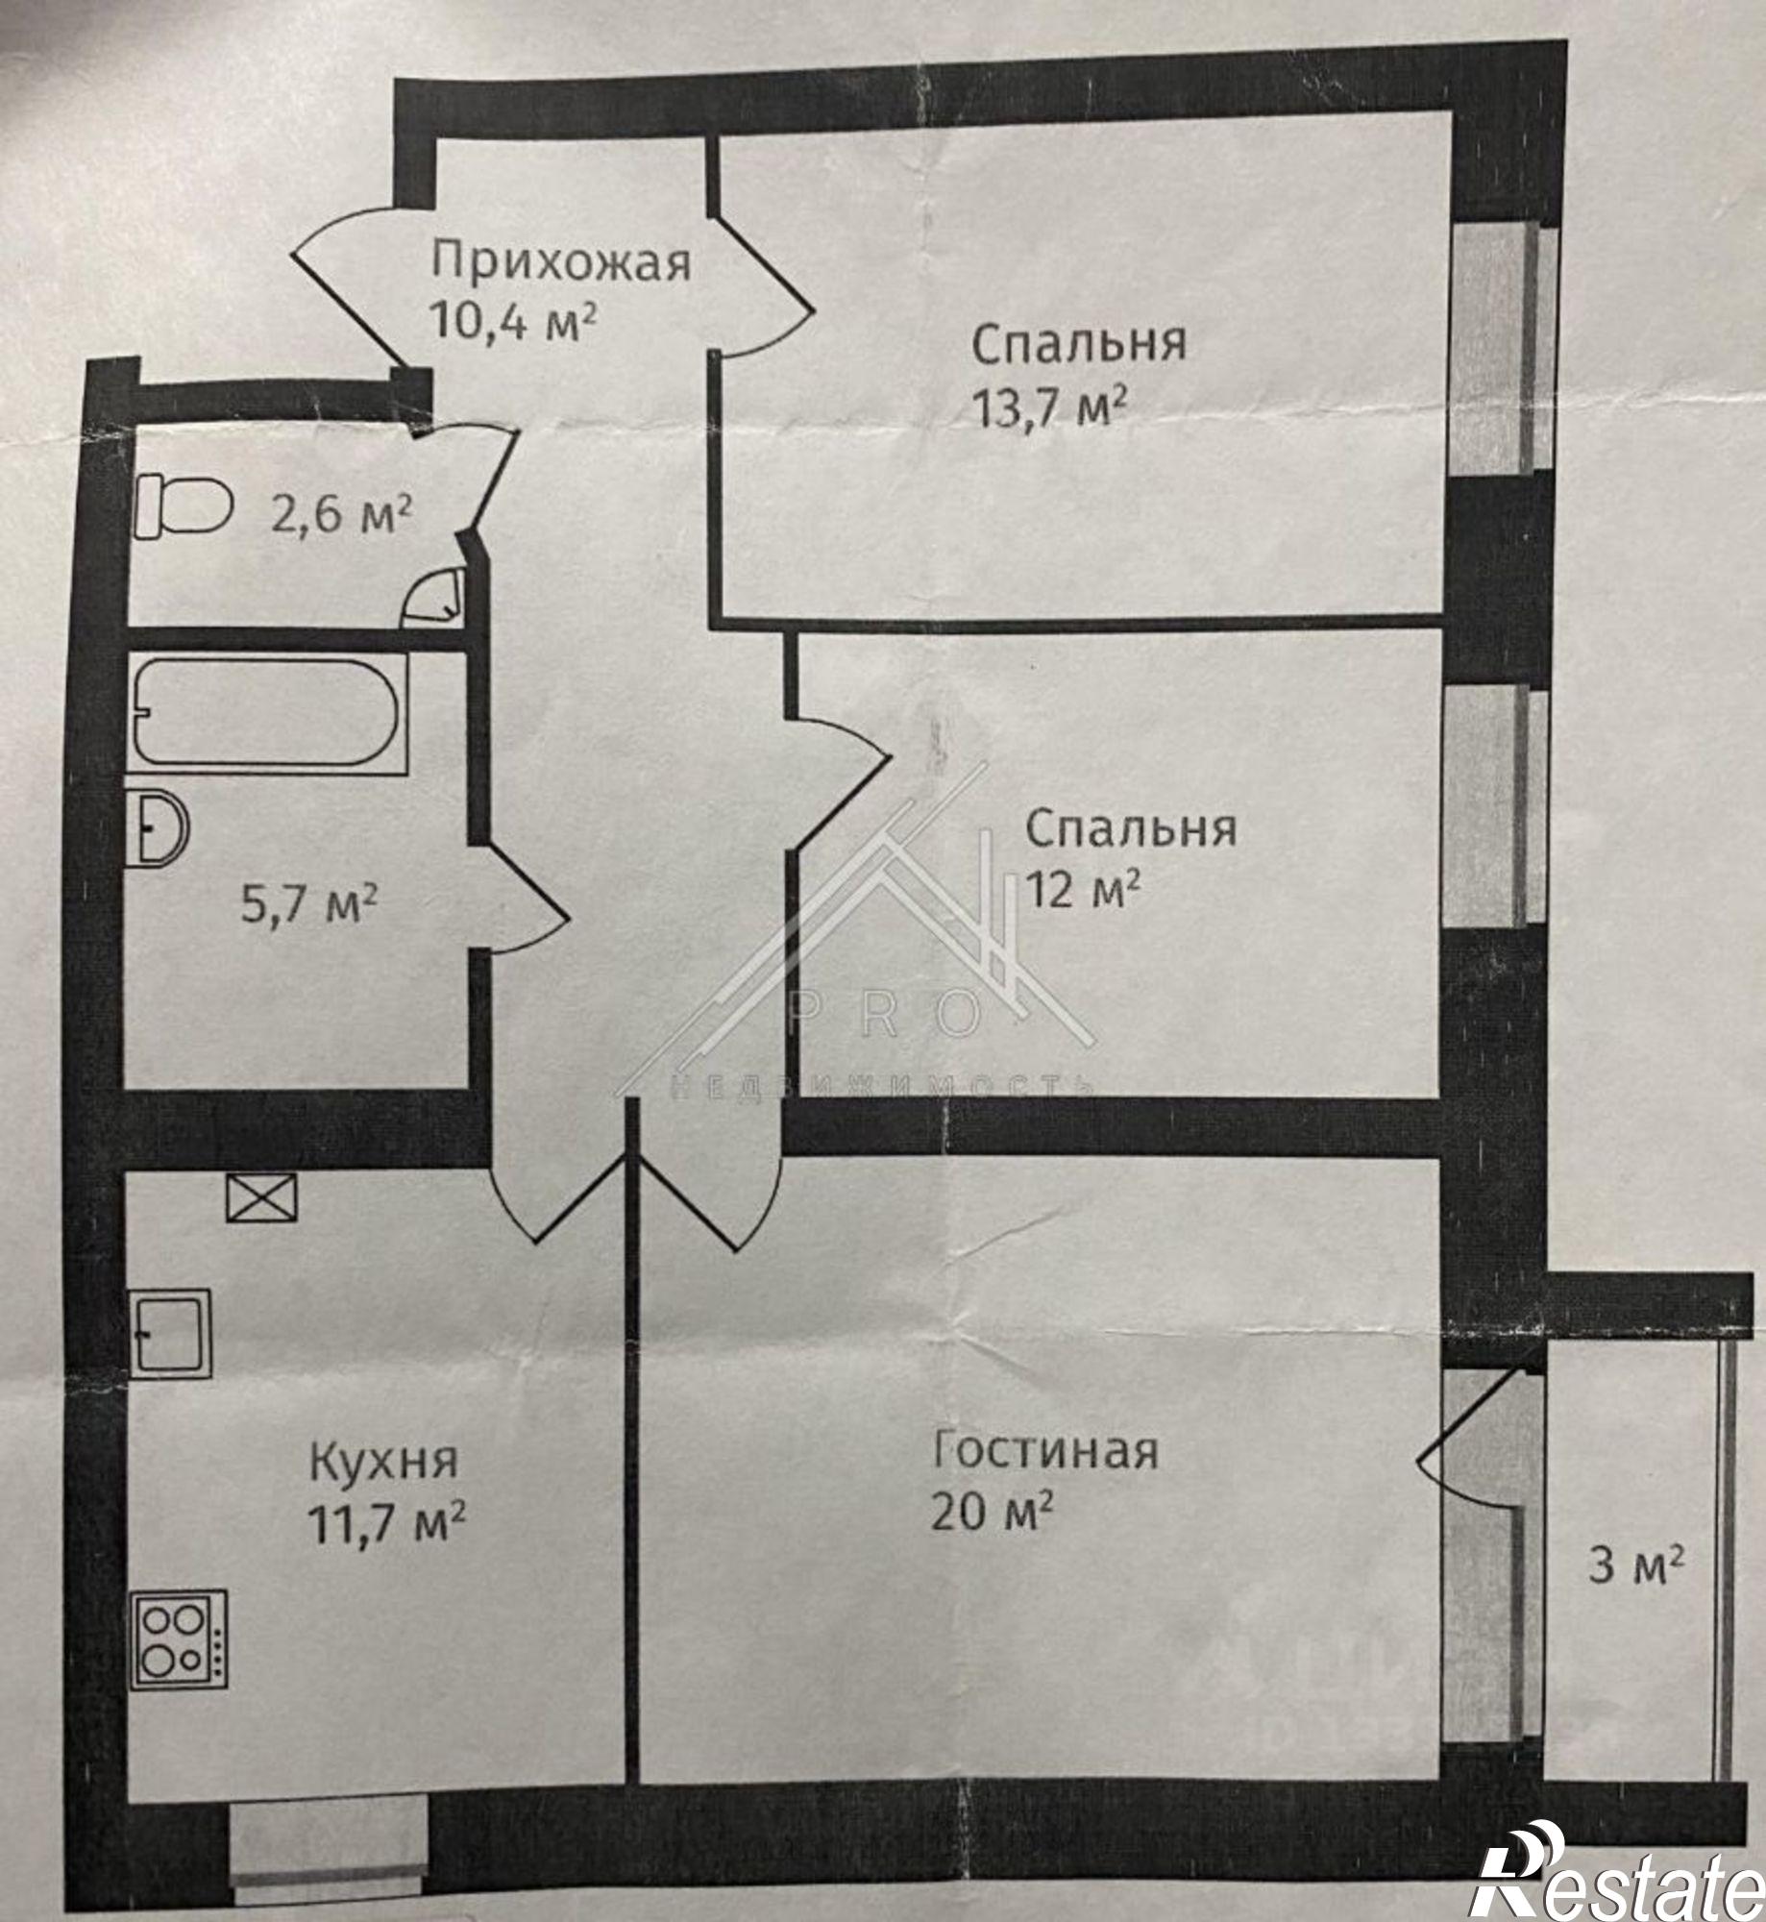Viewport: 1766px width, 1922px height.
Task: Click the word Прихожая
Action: (561, 263)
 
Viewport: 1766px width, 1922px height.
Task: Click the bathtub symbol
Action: (266, 712)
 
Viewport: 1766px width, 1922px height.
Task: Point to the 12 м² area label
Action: (1084, 888)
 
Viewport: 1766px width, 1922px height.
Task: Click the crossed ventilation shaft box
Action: (261, 1198)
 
